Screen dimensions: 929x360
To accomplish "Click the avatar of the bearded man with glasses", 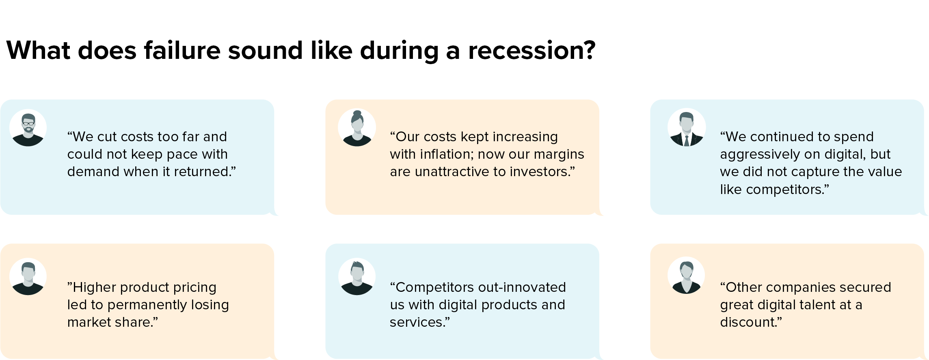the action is click(28, 128).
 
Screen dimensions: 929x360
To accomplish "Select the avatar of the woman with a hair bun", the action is click(357, 128).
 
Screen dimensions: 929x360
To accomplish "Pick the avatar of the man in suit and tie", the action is click(686, 128).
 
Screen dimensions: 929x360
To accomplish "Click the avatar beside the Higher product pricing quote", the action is click(28, 276).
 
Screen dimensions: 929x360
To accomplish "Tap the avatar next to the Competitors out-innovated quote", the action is click(357, 276).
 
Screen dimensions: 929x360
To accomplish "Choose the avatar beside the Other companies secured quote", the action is click(686, 276).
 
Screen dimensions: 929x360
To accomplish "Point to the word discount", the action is click(751, 322).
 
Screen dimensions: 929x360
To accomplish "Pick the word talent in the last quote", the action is click(828, 305).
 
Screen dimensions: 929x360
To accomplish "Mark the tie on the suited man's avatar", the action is click(687, 140).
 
